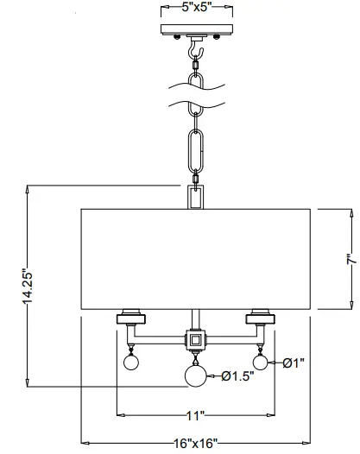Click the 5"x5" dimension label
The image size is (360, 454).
(x=197, y=8)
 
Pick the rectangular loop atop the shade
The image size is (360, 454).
(x=196, y=196)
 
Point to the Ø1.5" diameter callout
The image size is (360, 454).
(x=237, y=375)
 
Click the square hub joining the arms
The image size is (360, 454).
(x=196, y=339)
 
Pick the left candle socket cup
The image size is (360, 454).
(x=132, y=316)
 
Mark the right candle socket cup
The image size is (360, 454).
(x=260, y=316)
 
